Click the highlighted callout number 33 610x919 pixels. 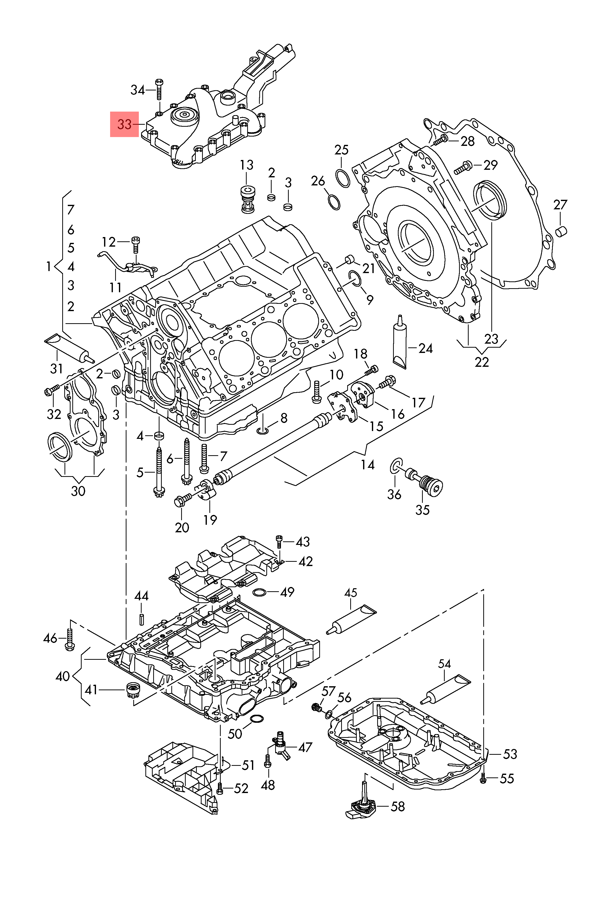(124, 124)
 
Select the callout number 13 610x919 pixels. (247, 165)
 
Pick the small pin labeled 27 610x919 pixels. (561, 231)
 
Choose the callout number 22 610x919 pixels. (481, 362)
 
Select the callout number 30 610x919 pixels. (78, 491)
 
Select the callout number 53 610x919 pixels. (510, 754)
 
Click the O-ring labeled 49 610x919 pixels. (260, 592)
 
